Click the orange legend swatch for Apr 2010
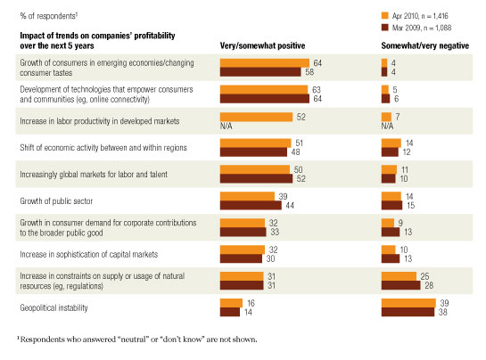383,15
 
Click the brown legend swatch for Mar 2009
383,27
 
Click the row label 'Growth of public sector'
57,199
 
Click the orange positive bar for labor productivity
256,116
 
